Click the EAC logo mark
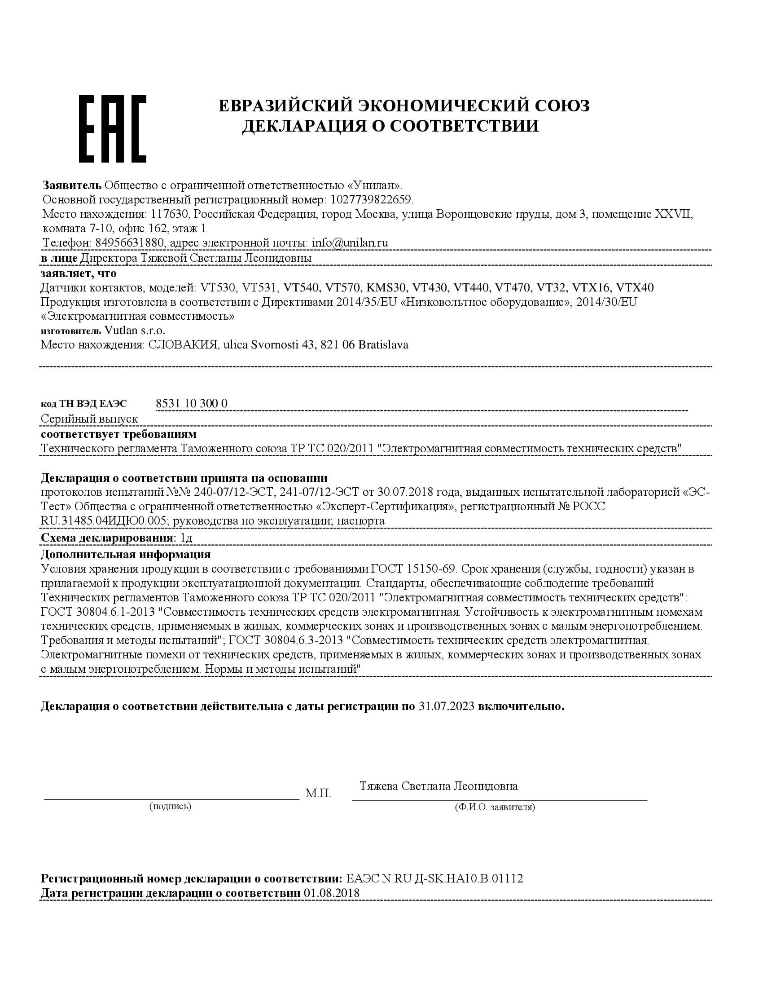coord(113,128)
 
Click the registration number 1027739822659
coord(372,199)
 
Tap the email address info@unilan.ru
coord(350,243)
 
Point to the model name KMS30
coord(386,287)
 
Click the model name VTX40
coord(635,287)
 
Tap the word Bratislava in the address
coord(383,344)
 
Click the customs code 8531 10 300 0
coord(191,403)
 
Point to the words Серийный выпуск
coord(89,419)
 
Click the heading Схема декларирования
coord(107,538)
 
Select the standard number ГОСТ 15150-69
coord(415,568)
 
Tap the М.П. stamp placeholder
coord(318,793)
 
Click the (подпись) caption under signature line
coord(170,806)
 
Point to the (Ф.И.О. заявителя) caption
coord(495,807)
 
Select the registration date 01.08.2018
coord(332,892)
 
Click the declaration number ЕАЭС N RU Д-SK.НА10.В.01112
coord(434,878)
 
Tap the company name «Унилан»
coord(375,185)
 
